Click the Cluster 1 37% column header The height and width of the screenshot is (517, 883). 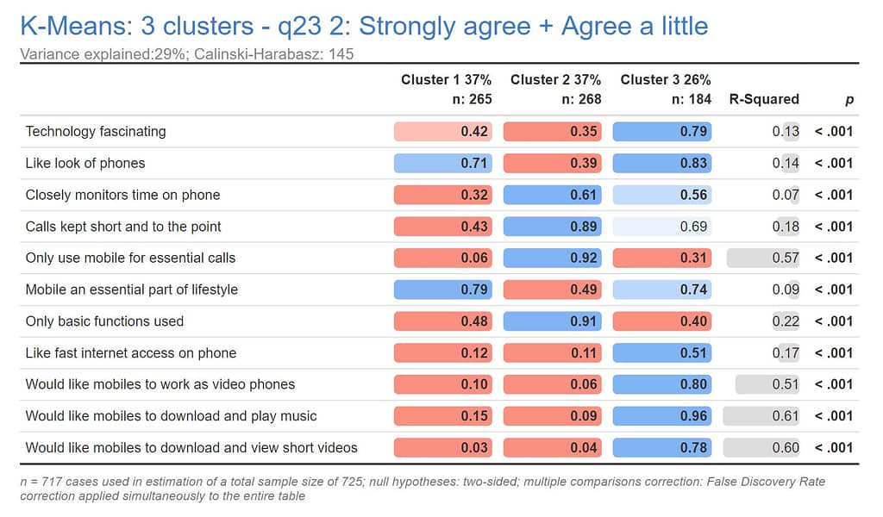pos(446,80)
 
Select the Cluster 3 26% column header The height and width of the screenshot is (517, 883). pos(665,80)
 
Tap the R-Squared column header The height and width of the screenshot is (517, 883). pos(764,99)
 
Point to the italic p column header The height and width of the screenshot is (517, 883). pos(849,100)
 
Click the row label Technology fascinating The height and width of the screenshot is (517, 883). pos(96,132)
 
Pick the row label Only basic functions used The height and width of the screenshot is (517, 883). pos(104,321)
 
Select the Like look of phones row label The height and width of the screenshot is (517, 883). pos(85,163)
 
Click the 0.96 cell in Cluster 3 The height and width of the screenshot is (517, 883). pos(662,416)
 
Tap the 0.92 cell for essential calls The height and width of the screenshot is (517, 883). pos(553,258)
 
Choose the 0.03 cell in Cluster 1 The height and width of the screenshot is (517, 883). pos(443,447)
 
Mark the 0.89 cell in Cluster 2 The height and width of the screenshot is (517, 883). pos(553,227)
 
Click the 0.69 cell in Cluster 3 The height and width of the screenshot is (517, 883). pos(662,227)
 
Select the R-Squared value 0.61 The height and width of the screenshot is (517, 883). pos(763,416)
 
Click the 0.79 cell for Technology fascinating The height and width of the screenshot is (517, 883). pos(662,132)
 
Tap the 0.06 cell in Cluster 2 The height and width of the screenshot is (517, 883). pos(553,384)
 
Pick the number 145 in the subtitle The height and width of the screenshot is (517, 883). pos(341,54)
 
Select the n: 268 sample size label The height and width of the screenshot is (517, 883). pos(581,99)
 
